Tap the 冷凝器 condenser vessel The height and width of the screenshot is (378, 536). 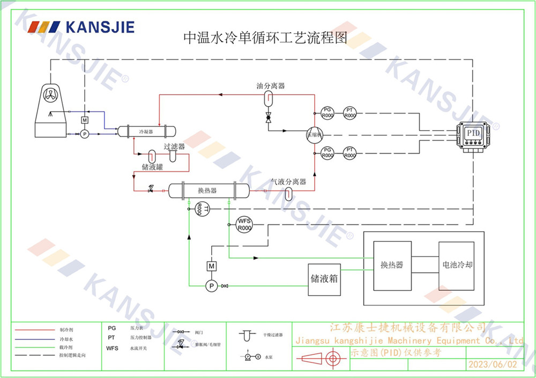(146, 131)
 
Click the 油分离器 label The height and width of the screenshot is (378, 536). (270, 86)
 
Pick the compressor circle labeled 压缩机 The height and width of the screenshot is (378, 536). (313, 135)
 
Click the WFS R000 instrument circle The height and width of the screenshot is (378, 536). (244, 224)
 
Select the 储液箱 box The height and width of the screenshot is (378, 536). (324, 279)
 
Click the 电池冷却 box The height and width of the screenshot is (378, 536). (456, 265)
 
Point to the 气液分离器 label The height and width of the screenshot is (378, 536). (288, 182)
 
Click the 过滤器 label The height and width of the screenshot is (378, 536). (174, 146)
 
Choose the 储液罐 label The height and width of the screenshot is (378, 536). (152, 167)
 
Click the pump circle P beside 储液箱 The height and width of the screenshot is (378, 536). (212, 286)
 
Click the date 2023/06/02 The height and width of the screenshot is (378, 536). (493, 364)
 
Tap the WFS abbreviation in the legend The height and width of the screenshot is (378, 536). (112, 348)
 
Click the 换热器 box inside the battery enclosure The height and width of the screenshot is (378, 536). (392, 265)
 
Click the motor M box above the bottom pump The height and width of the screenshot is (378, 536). (212, 266)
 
